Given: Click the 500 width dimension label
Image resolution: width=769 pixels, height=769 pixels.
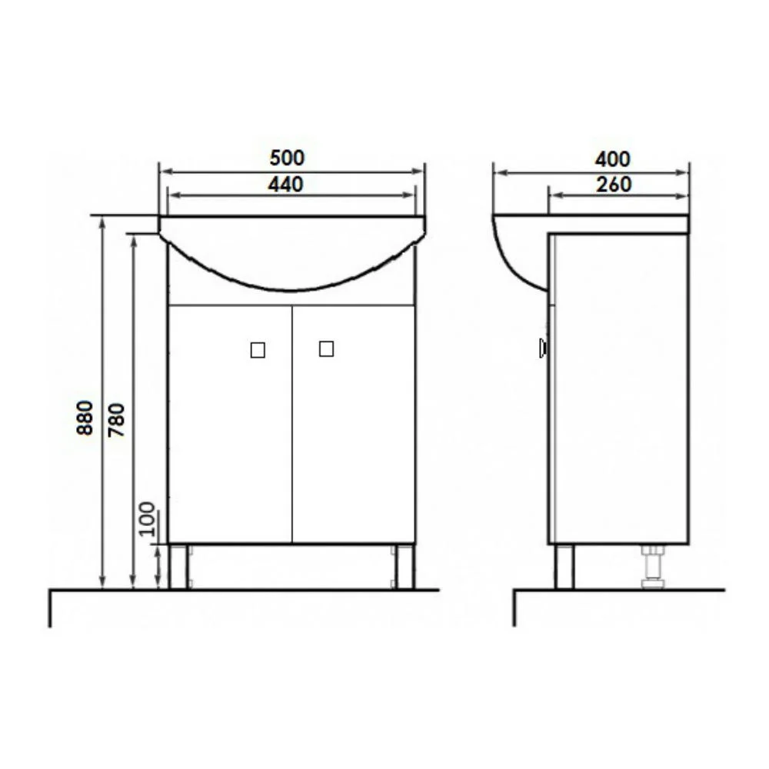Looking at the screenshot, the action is coord(287,158).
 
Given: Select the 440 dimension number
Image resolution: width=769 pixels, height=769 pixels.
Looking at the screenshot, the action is coord(285,185).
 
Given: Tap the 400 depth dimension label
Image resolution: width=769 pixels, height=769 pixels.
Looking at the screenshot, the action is coord(613,159).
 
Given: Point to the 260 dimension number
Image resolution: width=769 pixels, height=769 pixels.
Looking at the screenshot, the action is coord(614,185).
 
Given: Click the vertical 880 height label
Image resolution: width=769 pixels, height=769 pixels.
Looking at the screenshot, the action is coord(85,418).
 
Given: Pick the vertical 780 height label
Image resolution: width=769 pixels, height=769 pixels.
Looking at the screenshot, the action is coord(117,420).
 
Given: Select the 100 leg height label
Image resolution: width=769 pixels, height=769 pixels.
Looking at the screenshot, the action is coord(147,519).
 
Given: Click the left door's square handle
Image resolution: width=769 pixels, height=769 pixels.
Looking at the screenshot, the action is coord(258,350).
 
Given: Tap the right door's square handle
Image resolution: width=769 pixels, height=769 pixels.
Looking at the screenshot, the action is coord(326,348).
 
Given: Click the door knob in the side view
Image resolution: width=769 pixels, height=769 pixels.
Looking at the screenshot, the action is coord(542,348).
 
